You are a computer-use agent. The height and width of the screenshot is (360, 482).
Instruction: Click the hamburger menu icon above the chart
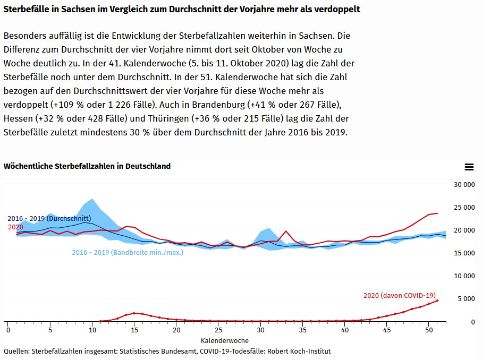pyautogui.click(x=469, y=167)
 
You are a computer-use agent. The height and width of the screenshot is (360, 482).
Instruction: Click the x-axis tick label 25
pyautogui.click(x=218, y=330)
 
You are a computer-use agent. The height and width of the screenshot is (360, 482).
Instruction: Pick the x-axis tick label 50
pyautogui.click(x=429, y=330)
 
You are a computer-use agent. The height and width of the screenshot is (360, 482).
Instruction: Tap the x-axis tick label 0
pyautogui.click(x=8, y=330)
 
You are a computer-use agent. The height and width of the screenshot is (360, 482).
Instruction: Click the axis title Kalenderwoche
pyautogui.click(x=224, y=340)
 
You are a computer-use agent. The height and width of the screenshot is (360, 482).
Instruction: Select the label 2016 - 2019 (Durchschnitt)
pyautogui.click(x=49, y=218)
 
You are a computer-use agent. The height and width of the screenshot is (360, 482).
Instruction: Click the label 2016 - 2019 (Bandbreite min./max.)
pyautogui.click(x=128, y=252)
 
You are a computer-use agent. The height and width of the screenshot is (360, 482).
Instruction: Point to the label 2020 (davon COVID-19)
pyautogui.click(x=399, y=295)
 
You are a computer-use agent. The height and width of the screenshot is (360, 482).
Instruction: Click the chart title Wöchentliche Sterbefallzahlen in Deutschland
pyautogui.click(x=87, y=166)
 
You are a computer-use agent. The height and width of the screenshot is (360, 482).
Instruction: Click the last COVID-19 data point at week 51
pyautogui.click(x=437, y=301)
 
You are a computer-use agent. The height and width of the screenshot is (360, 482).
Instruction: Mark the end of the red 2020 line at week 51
pyautogui.click(x=437, y=213)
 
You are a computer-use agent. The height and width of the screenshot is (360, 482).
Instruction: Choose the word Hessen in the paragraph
pyautogui.click(x=18, y=118)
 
